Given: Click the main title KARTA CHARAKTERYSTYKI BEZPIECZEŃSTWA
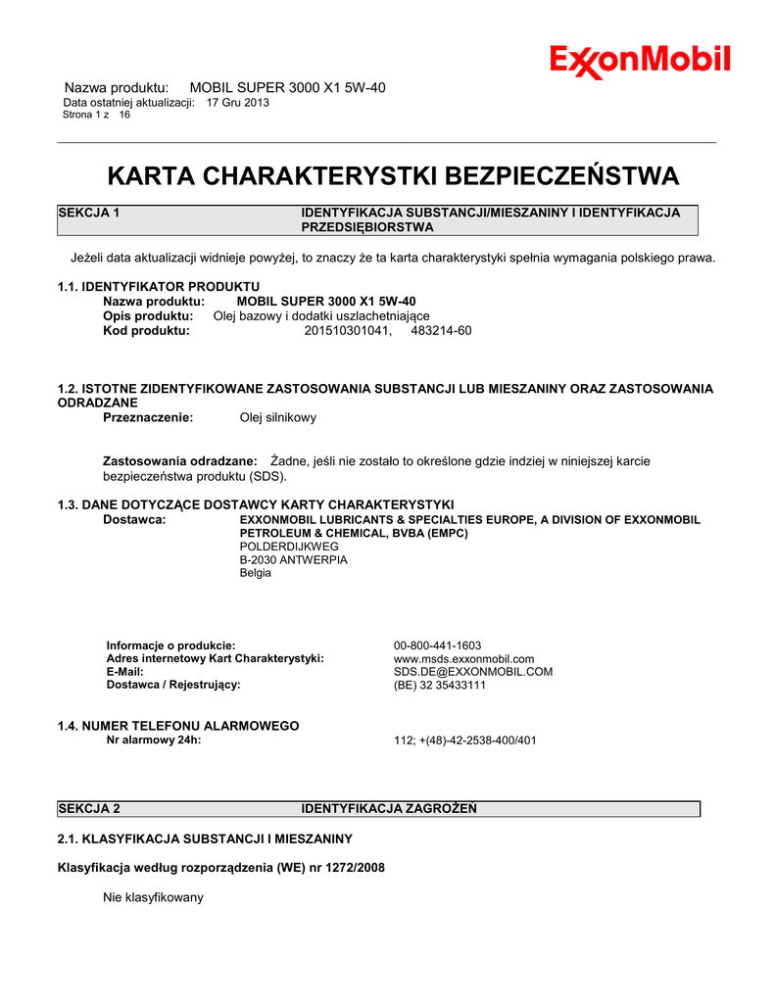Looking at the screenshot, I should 392,176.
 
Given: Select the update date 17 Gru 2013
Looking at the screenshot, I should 238,102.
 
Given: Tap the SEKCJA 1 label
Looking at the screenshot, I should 89,213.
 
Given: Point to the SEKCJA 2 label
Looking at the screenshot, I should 89,809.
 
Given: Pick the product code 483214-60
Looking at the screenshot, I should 441,331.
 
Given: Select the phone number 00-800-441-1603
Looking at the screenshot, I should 437,645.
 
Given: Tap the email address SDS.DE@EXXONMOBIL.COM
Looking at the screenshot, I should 473,672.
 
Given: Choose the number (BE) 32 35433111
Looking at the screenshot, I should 440,686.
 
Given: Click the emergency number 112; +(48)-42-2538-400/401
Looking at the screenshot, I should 465,740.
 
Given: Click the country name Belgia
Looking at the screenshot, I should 256,573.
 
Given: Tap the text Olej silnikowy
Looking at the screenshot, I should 278,418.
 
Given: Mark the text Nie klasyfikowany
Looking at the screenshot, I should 153,897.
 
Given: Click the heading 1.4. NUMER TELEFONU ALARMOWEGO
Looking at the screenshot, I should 178,726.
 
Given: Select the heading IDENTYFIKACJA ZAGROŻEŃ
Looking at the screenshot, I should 389,809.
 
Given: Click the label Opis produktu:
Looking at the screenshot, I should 148,316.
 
